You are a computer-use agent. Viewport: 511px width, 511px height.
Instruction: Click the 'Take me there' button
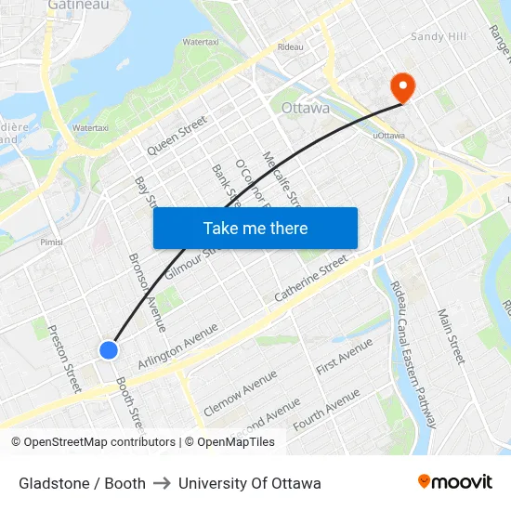click(255, 229)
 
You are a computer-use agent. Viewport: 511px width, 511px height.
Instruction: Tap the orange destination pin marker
click(403, 87)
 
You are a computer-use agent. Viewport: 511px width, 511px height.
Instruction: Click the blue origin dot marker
click(109, 350)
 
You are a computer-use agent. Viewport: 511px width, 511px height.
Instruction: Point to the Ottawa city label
click(305, 108)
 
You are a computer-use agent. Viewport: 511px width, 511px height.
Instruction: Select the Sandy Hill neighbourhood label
click(439, 36)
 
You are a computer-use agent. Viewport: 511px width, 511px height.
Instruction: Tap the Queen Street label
click(177, 136)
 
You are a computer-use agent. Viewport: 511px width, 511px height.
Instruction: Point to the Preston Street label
click(65, 358)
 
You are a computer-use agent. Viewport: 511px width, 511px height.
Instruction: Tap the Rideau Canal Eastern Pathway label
click(412, 354)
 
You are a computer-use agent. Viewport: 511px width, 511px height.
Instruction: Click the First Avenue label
click(344, 357)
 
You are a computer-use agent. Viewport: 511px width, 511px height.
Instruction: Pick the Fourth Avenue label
click(326, 410)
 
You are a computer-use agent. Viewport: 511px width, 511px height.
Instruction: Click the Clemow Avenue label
click(240, 391)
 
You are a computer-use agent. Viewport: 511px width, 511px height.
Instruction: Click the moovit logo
click(455, 482)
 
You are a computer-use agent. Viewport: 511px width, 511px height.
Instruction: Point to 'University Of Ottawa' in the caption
click(250, 483)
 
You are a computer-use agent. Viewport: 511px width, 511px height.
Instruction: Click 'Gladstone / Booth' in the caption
click(82, 483)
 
